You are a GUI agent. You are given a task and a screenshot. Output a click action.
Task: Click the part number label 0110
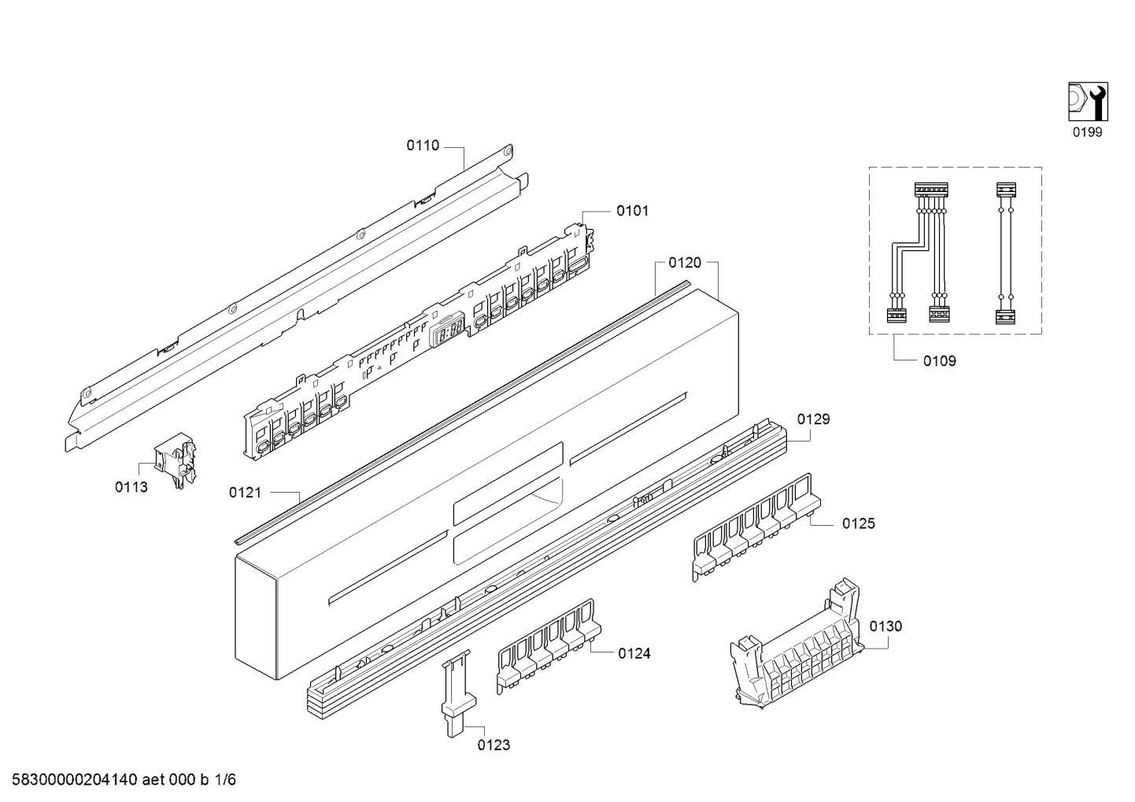pos(423,146)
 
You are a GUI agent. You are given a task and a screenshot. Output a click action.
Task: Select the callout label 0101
pos(632,211)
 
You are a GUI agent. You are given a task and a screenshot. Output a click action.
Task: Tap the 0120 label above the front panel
pos(685,262)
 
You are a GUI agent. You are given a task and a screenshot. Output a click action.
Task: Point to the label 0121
pos(246,492)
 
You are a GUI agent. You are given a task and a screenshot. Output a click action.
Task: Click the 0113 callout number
pos(131,487)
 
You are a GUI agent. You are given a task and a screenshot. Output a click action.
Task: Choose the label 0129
pos(813,419)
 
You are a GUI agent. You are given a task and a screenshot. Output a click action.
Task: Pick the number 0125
pos(859,523)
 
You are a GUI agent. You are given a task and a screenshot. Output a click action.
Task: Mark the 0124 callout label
pos(634,653)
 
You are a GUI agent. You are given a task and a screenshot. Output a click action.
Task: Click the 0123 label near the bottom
pos(494,745)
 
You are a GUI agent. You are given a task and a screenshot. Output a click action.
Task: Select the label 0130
pos(885,626)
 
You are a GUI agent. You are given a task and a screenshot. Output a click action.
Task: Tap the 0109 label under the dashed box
pos(940,360)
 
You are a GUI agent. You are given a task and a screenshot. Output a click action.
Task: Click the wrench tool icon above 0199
pos(1088,102)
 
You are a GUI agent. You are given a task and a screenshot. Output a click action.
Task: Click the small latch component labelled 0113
pos(176,460)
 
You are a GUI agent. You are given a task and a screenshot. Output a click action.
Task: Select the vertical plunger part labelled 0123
pos(457,693)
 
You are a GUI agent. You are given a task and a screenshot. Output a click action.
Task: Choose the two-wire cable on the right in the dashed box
pos(1006,253)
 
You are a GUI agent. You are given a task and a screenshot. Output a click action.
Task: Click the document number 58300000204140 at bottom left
pos(75,779)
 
